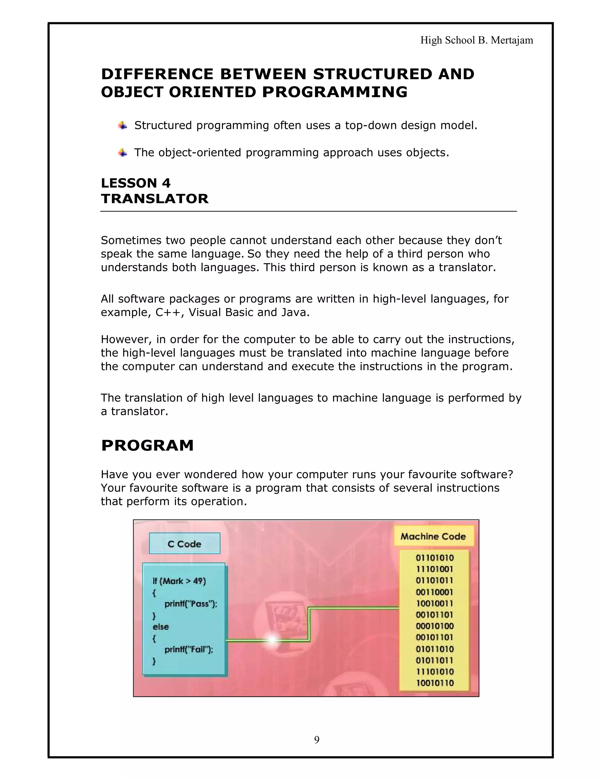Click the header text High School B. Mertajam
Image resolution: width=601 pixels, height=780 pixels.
477,40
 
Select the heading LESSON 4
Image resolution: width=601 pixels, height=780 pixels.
136,183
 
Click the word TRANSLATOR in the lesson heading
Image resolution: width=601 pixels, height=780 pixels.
155,199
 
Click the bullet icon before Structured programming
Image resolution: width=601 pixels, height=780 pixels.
122,126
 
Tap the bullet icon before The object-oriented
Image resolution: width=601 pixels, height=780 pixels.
122,153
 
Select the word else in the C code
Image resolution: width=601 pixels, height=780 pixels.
161,627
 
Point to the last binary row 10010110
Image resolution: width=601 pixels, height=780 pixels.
434,683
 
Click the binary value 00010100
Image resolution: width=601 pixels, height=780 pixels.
434,626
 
